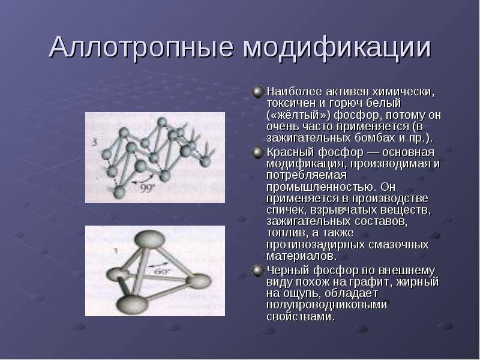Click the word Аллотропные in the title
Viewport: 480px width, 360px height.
pos(141,47)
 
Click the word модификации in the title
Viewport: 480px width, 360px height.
pos(337,47)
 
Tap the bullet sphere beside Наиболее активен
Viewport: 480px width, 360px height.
pos(258,92)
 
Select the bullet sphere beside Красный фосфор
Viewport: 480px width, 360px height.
pos(258,152)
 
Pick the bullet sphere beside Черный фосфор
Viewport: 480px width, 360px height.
pos(258,271)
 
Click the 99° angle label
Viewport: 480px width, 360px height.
pos(148,188)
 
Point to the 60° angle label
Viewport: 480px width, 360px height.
pos(161,271)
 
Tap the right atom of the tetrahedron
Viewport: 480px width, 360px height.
pos(199,281)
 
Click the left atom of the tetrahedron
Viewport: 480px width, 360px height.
pos(117,274)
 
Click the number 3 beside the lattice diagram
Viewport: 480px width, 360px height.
pos(95,142)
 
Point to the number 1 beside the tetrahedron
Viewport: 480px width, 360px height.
pos(116,251)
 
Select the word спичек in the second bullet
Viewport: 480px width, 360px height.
pos(286,211)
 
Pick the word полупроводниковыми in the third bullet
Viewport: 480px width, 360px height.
pos(326,305)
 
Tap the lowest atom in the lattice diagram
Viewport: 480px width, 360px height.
pos(119,192)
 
